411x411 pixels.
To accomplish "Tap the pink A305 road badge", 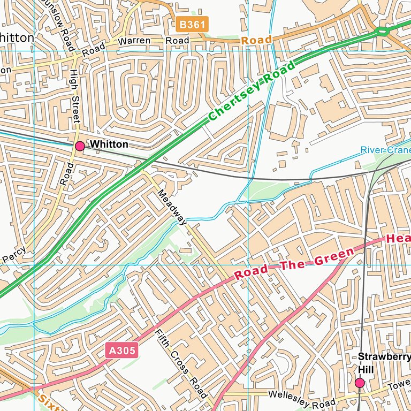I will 121,351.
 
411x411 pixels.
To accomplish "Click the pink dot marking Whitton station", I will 80,146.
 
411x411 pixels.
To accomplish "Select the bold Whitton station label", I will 109,144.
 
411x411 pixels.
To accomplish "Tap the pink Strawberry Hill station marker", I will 360,383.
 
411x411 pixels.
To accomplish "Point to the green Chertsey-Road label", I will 252,91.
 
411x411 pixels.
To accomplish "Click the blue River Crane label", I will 385,150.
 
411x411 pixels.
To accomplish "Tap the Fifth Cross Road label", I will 181,364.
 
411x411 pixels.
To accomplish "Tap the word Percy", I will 12,257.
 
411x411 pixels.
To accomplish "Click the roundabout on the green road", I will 382,32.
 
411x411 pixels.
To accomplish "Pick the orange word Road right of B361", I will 256,40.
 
